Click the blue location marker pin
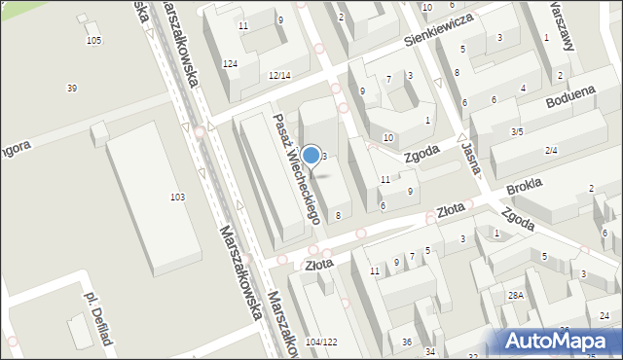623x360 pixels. [x=311, y=155]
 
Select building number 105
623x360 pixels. [x=93, y=40]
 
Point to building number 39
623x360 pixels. [x=71, y=89]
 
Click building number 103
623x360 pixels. [x=177, y=198]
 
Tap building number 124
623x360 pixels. [x=230, y=64]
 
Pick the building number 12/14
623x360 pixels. [x=279, y=75]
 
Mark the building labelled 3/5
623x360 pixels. [x=517, y=131]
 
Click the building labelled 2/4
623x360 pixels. [x=551, y=150]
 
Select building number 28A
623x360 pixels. [x=515, y=294]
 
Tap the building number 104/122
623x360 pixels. [x=321, y=342]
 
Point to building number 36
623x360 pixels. [x=407, y=342]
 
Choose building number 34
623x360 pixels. [x=429, y=351]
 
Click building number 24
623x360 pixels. [x=605, y=316]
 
